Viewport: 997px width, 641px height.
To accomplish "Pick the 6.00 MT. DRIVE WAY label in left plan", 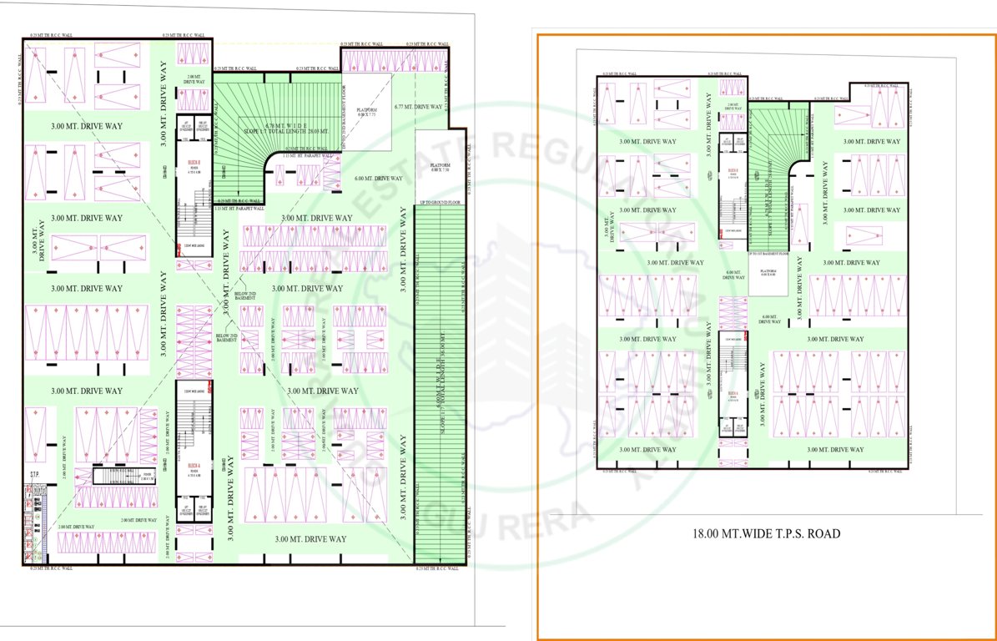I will click(x=378, y=179).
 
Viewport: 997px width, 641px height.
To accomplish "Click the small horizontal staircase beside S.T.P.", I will click(x=125, y=476).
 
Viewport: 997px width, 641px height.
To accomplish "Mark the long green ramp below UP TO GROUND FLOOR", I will click(x=439, y=384).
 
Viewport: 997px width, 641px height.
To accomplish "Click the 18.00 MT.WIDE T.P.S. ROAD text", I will click(x=767, y=532).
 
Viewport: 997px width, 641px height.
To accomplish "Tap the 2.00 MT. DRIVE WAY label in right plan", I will click(x=733, y=107).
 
